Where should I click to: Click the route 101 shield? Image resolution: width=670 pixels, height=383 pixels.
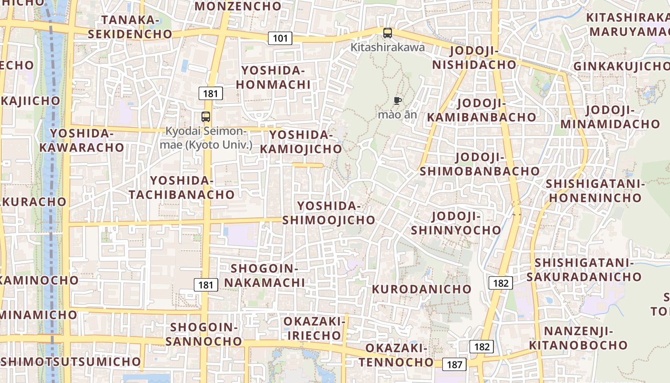280,38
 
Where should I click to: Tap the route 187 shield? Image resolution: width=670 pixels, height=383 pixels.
454,365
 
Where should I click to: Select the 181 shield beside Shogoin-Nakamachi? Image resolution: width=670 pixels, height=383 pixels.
206,285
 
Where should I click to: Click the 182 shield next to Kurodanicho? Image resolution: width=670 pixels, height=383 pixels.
501,283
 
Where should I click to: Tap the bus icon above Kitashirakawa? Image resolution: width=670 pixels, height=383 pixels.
388,33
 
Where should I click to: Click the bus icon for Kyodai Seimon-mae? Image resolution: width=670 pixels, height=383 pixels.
206,116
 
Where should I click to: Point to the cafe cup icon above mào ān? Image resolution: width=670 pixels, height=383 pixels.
397,101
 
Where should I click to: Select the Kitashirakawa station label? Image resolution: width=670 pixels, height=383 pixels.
388,47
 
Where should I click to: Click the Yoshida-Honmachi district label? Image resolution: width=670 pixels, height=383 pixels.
276,78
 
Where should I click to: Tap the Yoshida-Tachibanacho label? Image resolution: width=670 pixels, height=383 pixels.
182,188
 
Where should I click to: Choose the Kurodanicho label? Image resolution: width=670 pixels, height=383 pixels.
422,289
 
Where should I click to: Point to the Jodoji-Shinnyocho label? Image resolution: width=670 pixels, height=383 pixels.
456,223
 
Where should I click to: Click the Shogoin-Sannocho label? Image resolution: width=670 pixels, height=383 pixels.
206,334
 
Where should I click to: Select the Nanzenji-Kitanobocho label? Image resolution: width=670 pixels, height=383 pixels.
578,338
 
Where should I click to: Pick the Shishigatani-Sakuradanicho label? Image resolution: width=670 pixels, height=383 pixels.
584,270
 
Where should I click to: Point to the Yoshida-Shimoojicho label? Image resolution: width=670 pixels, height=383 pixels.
329,213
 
